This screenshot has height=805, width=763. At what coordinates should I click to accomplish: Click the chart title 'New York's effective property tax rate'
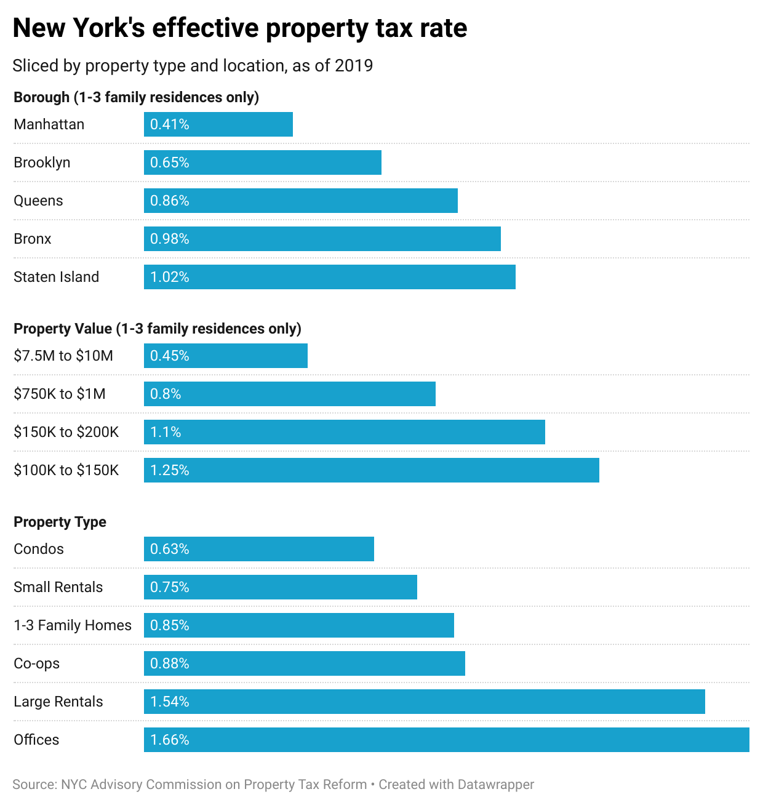pos(240,28)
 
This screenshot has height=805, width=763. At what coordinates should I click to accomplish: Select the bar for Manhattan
pos(218,124)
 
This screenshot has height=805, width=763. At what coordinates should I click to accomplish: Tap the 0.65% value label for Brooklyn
pos(170,162)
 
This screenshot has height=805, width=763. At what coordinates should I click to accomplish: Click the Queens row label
pos(38,201)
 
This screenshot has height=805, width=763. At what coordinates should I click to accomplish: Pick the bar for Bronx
pos(322,239)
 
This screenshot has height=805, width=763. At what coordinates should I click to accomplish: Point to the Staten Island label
pos(56,277)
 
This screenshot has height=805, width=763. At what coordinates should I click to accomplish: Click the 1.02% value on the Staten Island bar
pos(170,277)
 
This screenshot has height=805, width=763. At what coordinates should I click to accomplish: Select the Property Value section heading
pos(158,329)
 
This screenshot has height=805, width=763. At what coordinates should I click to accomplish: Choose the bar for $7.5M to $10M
pos(226,356)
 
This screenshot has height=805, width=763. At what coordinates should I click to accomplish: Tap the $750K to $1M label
pos(60,394)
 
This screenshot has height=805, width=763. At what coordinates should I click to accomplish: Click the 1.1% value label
pos(166,432)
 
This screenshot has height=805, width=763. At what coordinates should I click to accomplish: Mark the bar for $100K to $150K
pos(372,470)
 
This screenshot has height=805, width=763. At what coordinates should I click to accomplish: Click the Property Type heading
pos(60,522)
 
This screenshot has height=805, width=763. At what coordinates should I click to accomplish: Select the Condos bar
pos(259,549)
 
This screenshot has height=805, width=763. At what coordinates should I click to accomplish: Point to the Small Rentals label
pos(58,587)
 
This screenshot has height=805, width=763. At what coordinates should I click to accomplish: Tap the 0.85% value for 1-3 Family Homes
pos(170,625)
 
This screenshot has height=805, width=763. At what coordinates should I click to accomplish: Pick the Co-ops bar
pos(305,663)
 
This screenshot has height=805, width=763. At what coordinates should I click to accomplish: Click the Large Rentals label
pos(58,702)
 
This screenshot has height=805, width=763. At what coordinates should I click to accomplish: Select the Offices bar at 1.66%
pos(447,740)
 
